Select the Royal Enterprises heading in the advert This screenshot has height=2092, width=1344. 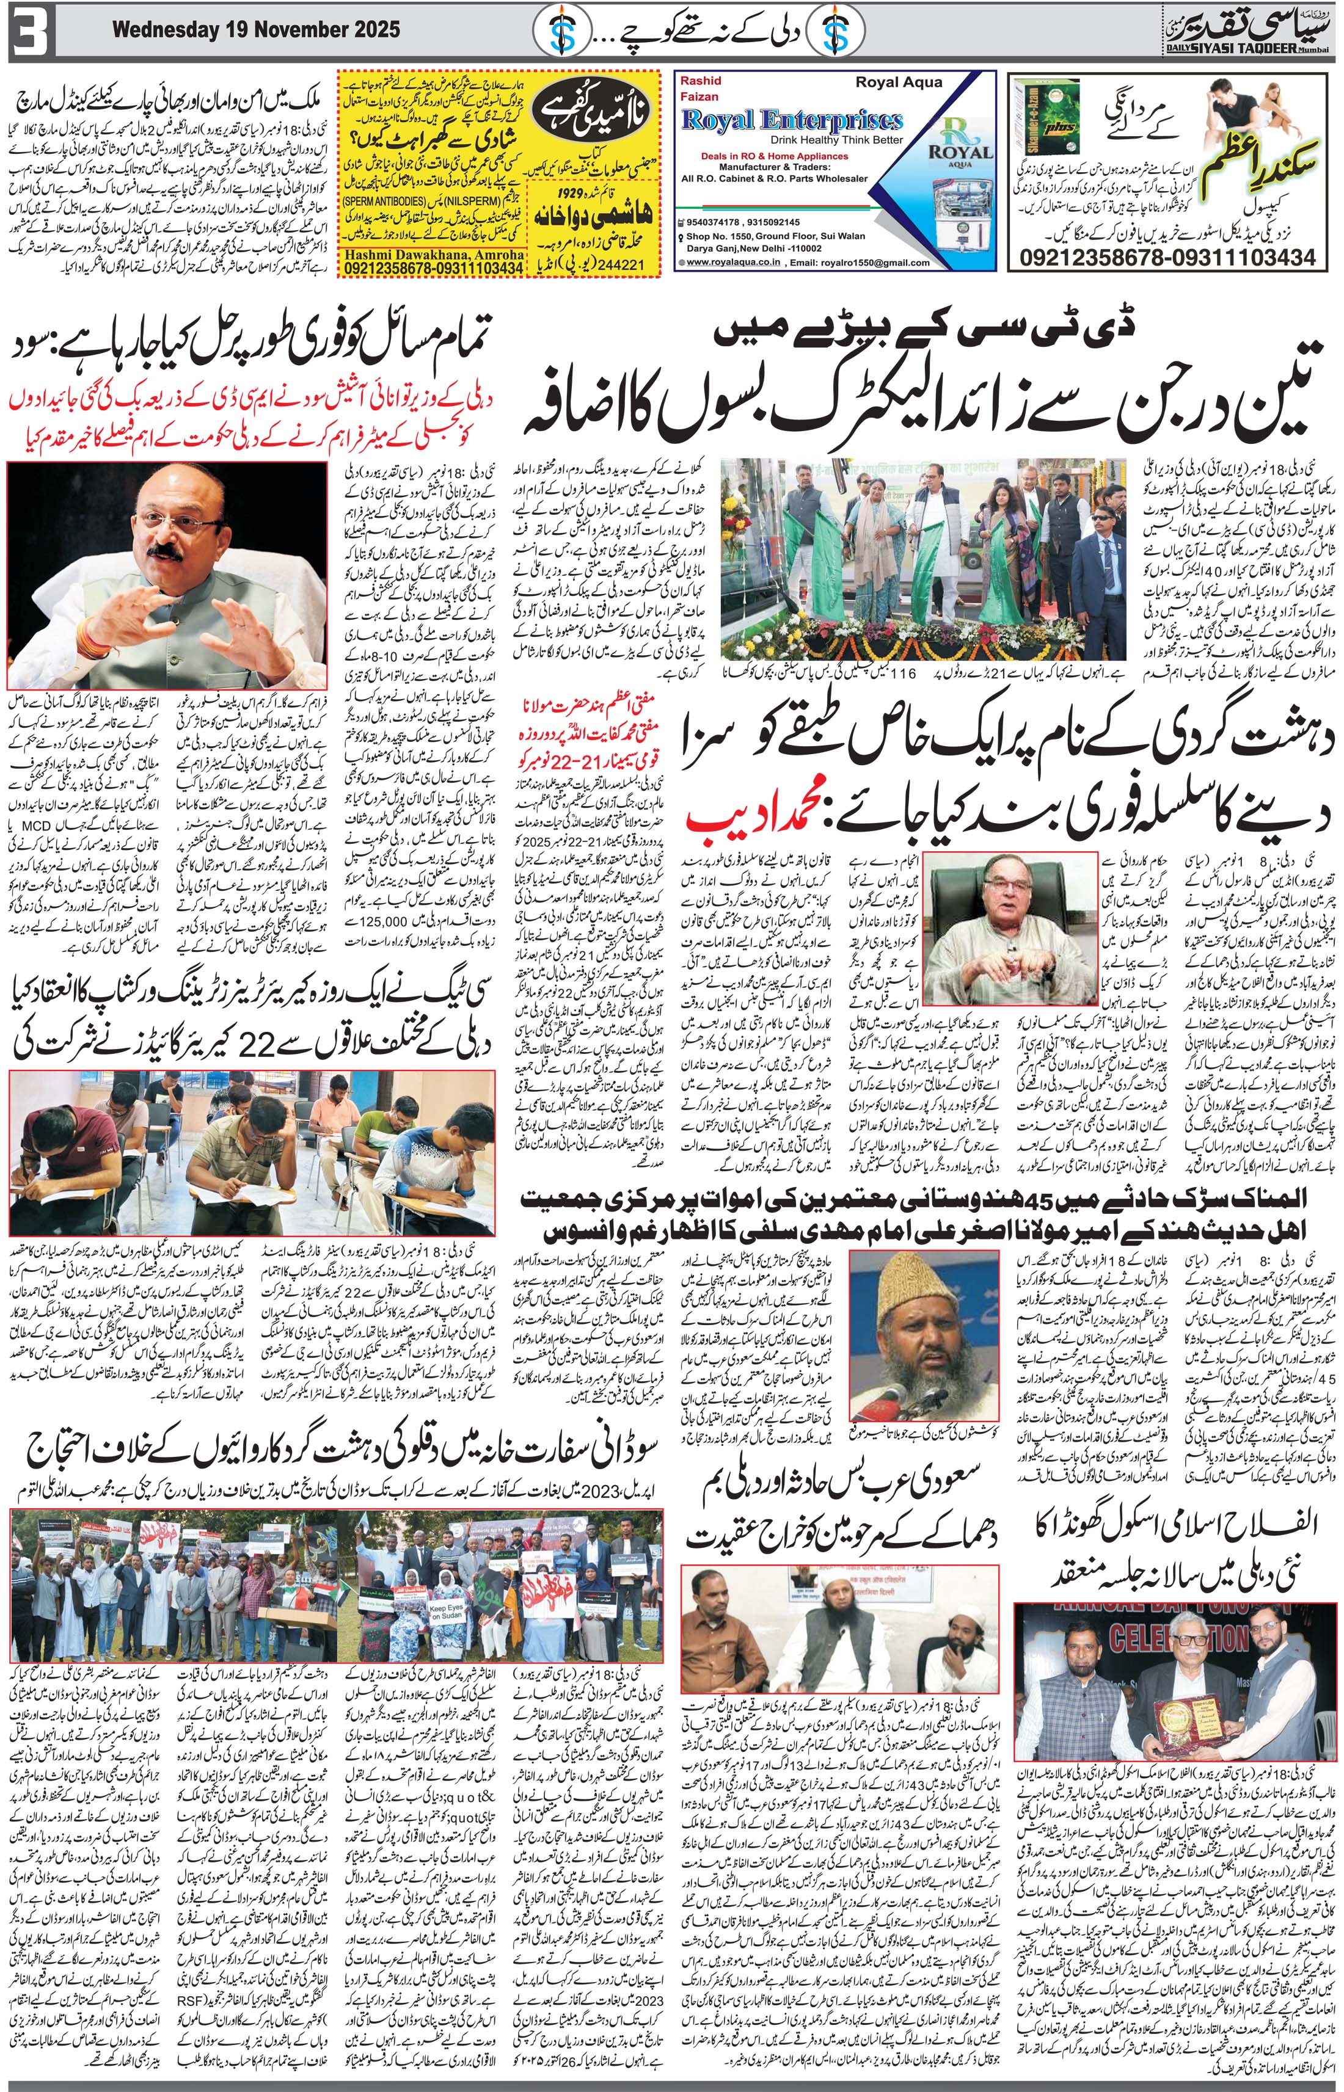(x=792, y=120)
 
